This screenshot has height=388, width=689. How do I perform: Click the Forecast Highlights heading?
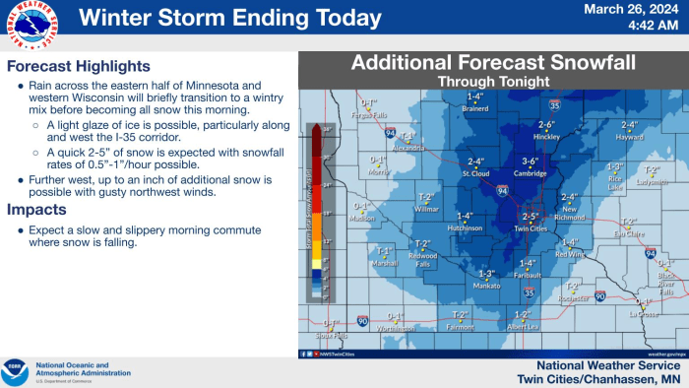click(x=79, y=67)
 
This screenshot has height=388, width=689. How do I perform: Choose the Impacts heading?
click(x=36, y=210)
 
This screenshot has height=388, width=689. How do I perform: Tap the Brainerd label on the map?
click(x=475, y=108)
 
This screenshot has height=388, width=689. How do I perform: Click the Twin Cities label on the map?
click(x=531, y=226)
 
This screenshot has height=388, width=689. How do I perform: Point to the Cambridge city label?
click(x=530, y=173)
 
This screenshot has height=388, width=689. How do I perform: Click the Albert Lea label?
click(x=523, y=326)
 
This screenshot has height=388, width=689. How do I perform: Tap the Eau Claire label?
click(x=629, y=233)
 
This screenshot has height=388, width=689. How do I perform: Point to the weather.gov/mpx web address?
click(x=666, y=353)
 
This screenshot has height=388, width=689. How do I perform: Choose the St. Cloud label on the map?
click(x=476, y=173)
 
